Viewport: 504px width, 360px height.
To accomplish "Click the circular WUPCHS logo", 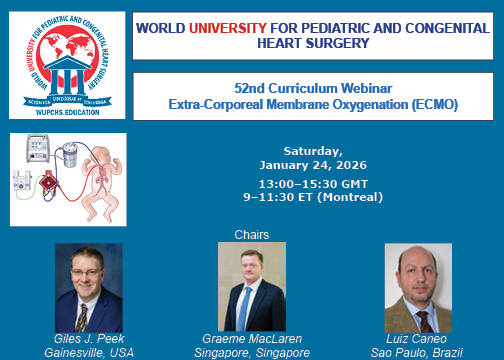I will tap(66, 66).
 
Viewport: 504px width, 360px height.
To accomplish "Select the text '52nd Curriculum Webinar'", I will tap(319, 87).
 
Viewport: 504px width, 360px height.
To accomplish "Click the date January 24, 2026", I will tap(313, 165).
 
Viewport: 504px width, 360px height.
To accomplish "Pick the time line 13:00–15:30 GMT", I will tap(313, 184).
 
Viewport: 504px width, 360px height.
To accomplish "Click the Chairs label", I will tap(252, 235).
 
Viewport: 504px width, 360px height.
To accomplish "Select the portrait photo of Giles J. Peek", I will tap(88, 287).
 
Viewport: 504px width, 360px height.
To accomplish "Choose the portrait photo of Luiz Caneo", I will tap(418, 288).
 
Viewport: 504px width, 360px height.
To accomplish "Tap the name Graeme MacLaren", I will tap(256, 340).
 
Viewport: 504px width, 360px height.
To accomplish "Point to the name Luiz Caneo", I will tap(418, 340).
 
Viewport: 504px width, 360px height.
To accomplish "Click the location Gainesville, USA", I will tap(88, 353).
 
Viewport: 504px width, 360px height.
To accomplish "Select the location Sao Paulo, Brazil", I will tap(418, 353).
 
